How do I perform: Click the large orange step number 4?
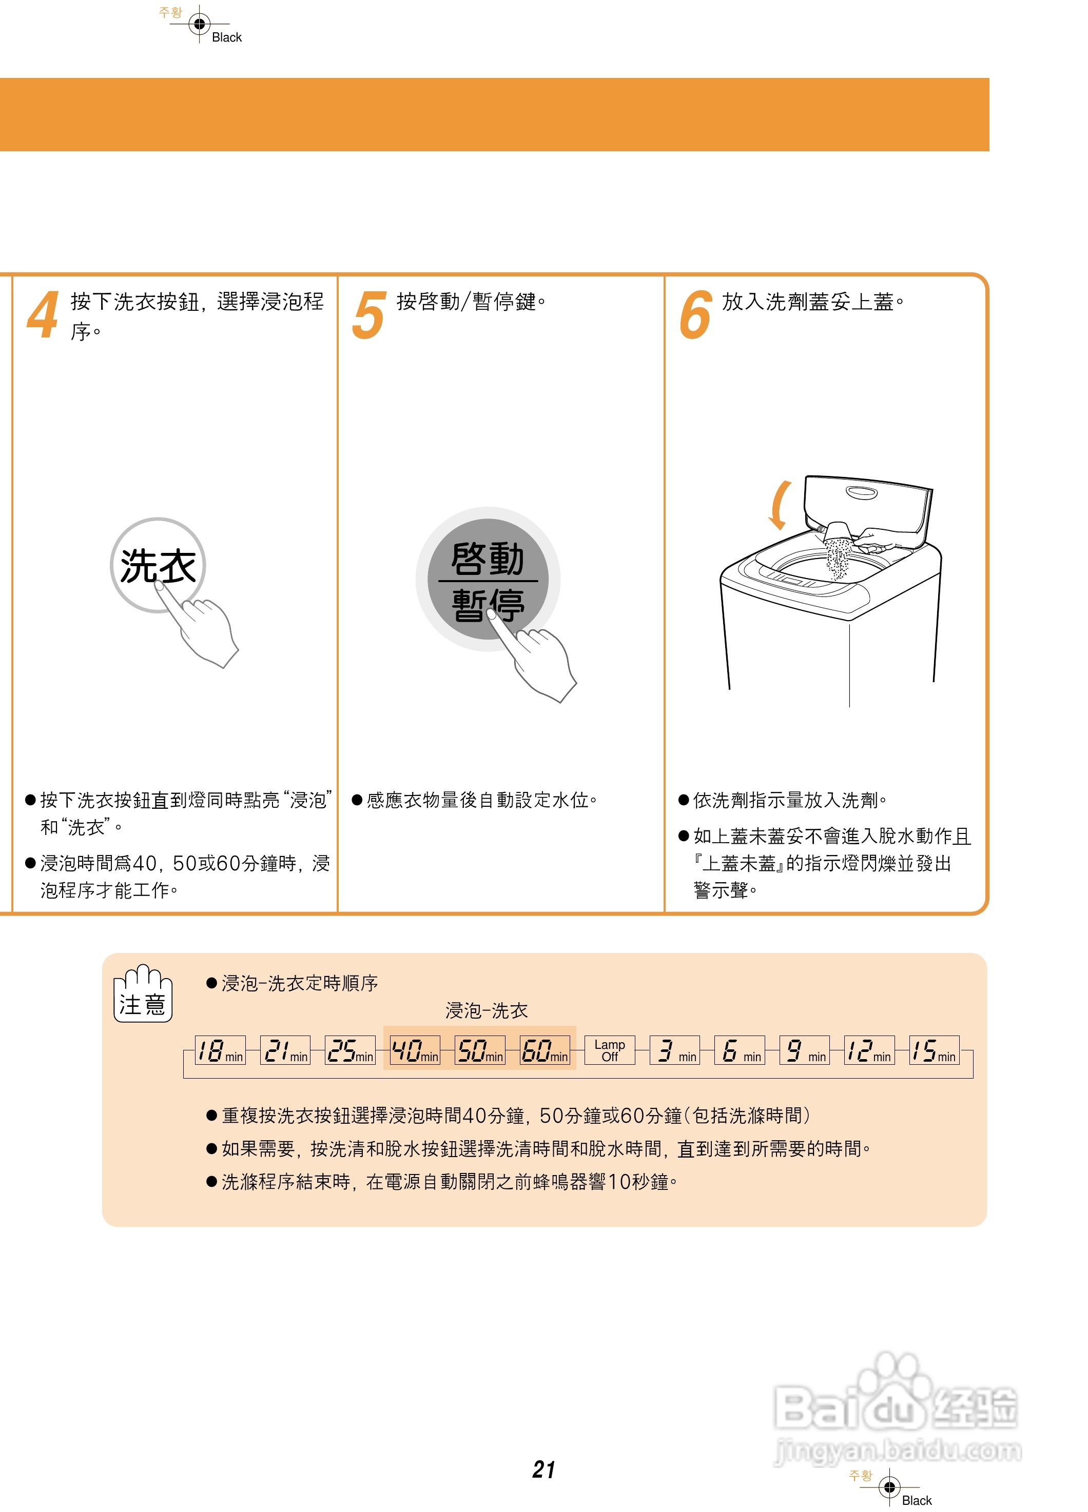pos(43,316)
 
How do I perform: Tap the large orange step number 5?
pos(368,316)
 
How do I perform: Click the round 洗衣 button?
pos(158,565)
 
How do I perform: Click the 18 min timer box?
pos(220,1050)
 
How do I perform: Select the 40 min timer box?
pos(414,1050)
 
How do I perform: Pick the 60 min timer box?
pos(545,1050)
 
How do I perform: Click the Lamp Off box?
pos(609,1050)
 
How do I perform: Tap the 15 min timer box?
pos(934,1050)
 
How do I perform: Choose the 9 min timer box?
pos(804,1050)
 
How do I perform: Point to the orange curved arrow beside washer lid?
pos(779,505)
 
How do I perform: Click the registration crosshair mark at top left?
pos(199,24)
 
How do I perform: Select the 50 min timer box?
pos(480,1050)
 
